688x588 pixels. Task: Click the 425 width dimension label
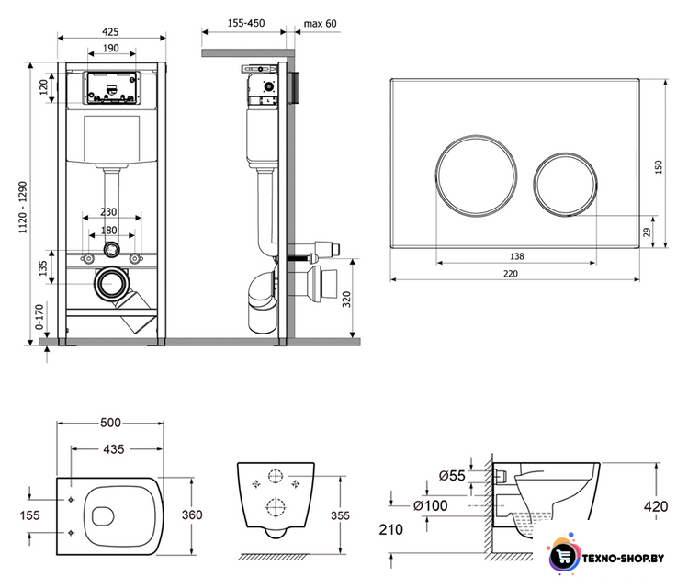tap(110, 31)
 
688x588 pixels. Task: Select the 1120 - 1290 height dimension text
tap(23, 207)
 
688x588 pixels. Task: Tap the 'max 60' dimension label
tap(321, 23)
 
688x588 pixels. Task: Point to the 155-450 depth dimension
tap(246, 23)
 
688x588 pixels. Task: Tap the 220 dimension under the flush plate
tap(511, 274)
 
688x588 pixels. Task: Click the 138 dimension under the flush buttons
tap(517, 256)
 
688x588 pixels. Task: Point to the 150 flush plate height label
tap(659, 166)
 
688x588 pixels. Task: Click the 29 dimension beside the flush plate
tap(648, 232)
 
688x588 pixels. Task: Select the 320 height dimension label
tap(346, 300)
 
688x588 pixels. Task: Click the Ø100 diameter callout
tap(431, 505)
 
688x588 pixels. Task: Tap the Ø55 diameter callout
tap(452, 475)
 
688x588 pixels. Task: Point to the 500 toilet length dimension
tap(110, 423)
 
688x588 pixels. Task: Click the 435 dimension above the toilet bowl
tap(114, 449)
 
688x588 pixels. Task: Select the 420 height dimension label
tap(656, 506)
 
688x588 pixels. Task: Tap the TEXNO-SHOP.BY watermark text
tap(623, 559)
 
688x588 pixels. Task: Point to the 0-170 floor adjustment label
tap(39, 317)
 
